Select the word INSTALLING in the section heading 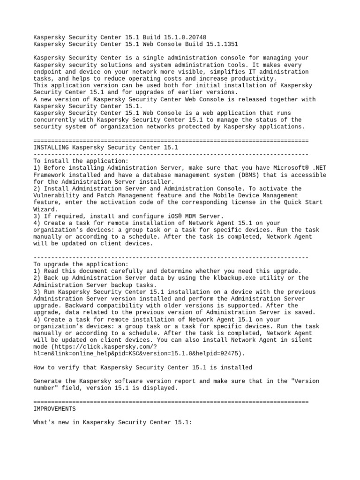coord(51,147)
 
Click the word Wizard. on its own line coord(46,209)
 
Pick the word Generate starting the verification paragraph coord(49,381)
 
